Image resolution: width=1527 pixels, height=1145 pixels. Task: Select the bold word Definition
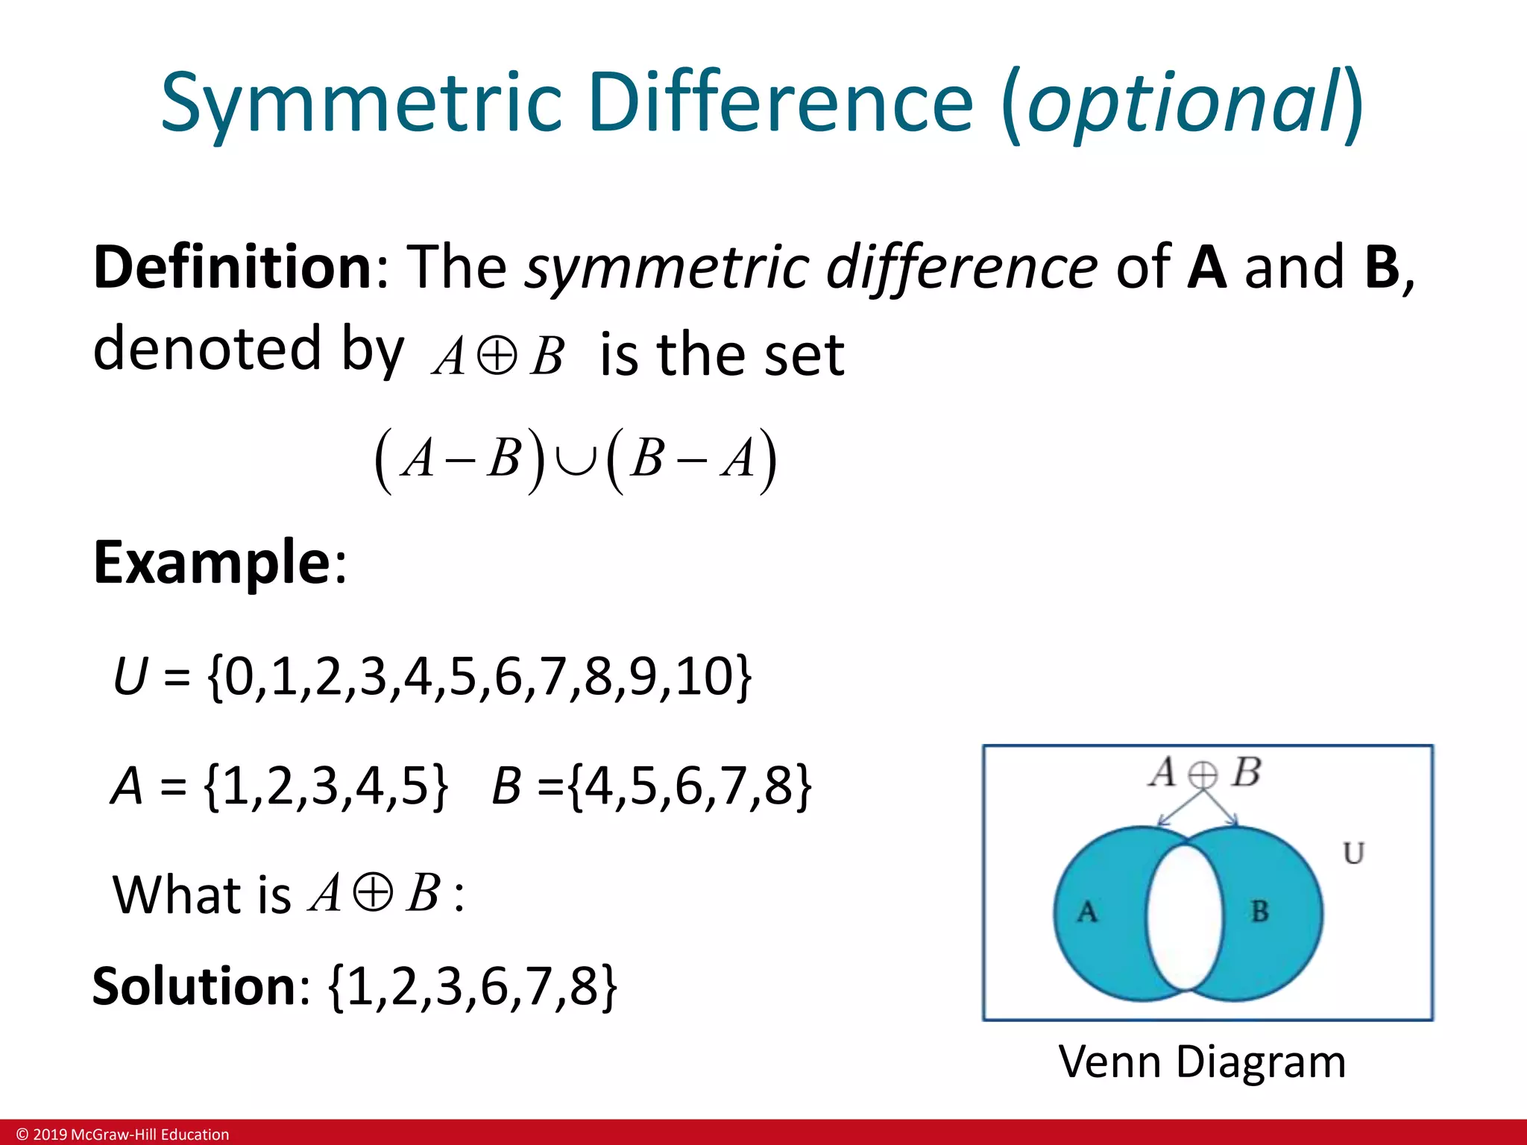click(232, 267)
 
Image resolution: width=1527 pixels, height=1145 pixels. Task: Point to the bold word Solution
click(195, 985)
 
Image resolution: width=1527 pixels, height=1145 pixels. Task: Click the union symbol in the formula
click(575, 459)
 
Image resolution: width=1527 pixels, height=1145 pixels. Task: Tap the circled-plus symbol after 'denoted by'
click(497, 356)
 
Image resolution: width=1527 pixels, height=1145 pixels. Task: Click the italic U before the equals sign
click(130, 677)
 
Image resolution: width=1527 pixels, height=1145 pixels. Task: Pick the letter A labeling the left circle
click(1087, 912)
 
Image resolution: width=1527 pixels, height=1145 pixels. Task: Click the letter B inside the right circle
click(1259, 911)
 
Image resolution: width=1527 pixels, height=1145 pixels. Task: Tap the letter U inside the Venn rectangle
click(1353, 853)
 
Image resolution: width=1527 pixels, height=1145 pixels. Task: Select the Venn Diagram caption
click(1202, 1062)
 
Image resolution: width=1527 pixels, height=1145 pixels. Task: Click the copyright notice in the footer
click(123, 1135)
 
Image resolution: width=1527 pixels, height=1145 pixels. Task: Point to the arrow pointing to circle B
click(1223, 809)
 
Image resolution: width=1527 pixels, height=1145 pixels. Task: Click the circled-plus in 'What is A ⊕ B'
click(372, 893)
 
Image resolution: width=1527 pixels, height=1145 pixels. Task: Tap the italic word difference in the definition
click(962, 267)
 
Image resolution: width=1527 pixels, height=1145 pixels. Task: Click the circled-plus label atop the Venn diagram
click(1202, 775)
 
